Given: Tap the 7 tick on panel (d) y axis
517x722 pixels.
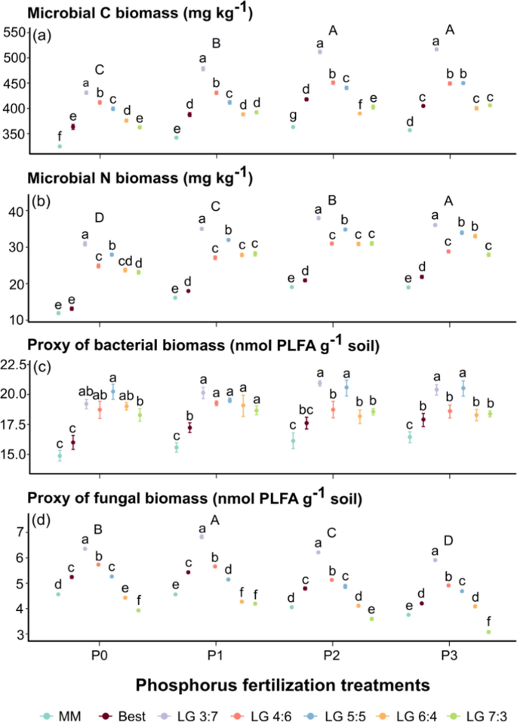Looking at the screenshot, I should pos(23,532).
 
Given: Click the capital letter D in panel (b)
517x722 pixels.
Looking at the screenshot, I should pos(99,218).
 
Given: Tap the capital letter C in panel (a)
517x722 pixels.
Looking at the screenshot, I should pos(99,70).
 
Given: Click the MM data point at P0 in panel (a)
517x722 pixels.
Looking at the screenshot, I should pos(59,146).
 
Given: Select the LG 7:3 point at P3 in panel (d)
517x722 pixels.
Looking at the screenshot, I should pos(488,631).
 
